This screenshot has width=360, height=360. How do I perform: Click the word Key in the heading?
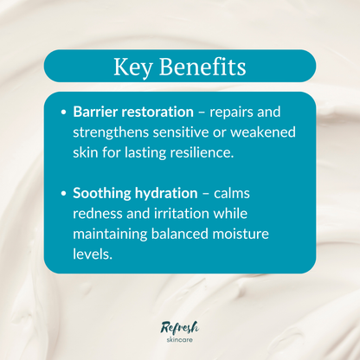[x=132, y=67]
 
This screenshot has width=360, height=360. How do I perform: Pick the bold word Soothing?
[x=102, y=196]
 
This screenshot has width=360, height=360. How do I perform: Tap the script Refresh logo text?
[x=180, y=325]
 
